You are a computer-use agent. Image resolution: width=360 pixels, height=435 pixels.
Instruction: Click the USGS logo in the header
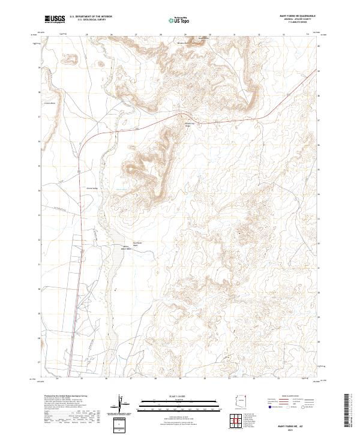tap(55, 19)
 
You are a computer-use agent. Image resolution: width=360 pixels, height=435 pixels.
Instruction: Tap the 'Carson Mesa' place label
tap(49, 103)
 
